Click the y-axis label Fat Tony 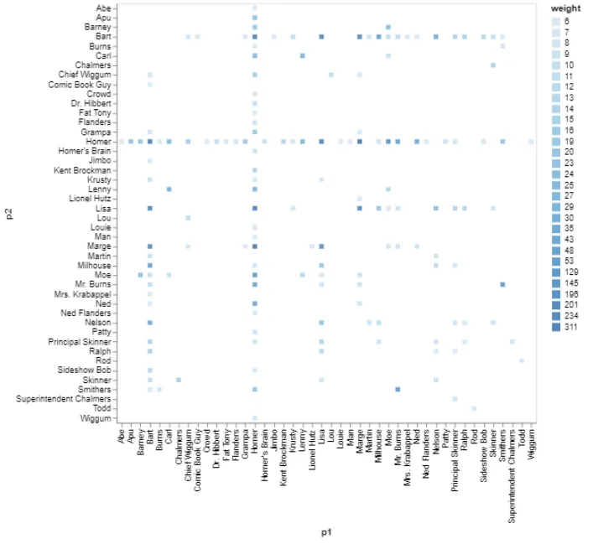(95, 113)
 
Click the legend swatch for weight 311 (557, 327)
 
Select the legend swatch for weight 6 (557, 21)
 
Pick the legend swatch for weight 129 (557, 271)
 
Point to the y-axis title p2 (10, 213)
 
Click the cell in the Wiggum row (254, 418)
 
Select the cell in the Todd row (474, 408)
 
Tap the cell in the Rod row (522, 360)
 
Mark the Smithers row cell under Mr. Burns (398, 389)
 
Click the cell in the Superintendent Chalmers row (455, 399)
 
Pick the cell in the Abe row (254, 8)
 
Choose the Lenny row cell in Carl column (169, 189)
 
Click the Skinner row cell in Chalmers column (179, 380)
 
